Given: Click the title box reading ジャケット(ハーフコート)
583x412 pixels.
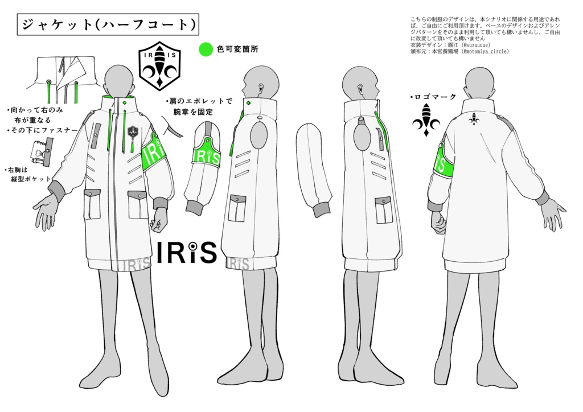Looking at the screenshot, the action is click(108, 24).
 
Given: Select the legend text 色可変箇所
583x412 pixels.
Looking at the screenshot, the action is click(237, 50).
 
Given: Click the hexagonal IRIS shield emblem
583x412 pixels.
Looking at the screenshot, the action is click(159, 66).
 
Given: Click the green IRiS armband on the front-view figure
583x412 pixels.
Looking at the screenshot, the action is click(156, 155).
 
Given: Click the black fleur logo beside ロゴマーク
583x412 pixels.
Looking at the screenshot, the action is click(426, 120).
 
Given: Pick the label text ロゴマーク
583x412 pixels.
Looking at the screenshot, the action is click(433, 97).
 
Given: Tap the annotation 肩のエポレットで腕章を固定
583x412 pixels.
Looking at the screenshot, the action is click(199, 106).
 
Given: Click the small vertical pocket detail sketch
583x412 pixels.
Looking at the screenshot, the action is click(42, 153).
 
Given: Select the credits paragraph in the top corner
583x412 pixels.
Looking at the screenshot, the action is click(485, 35).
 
